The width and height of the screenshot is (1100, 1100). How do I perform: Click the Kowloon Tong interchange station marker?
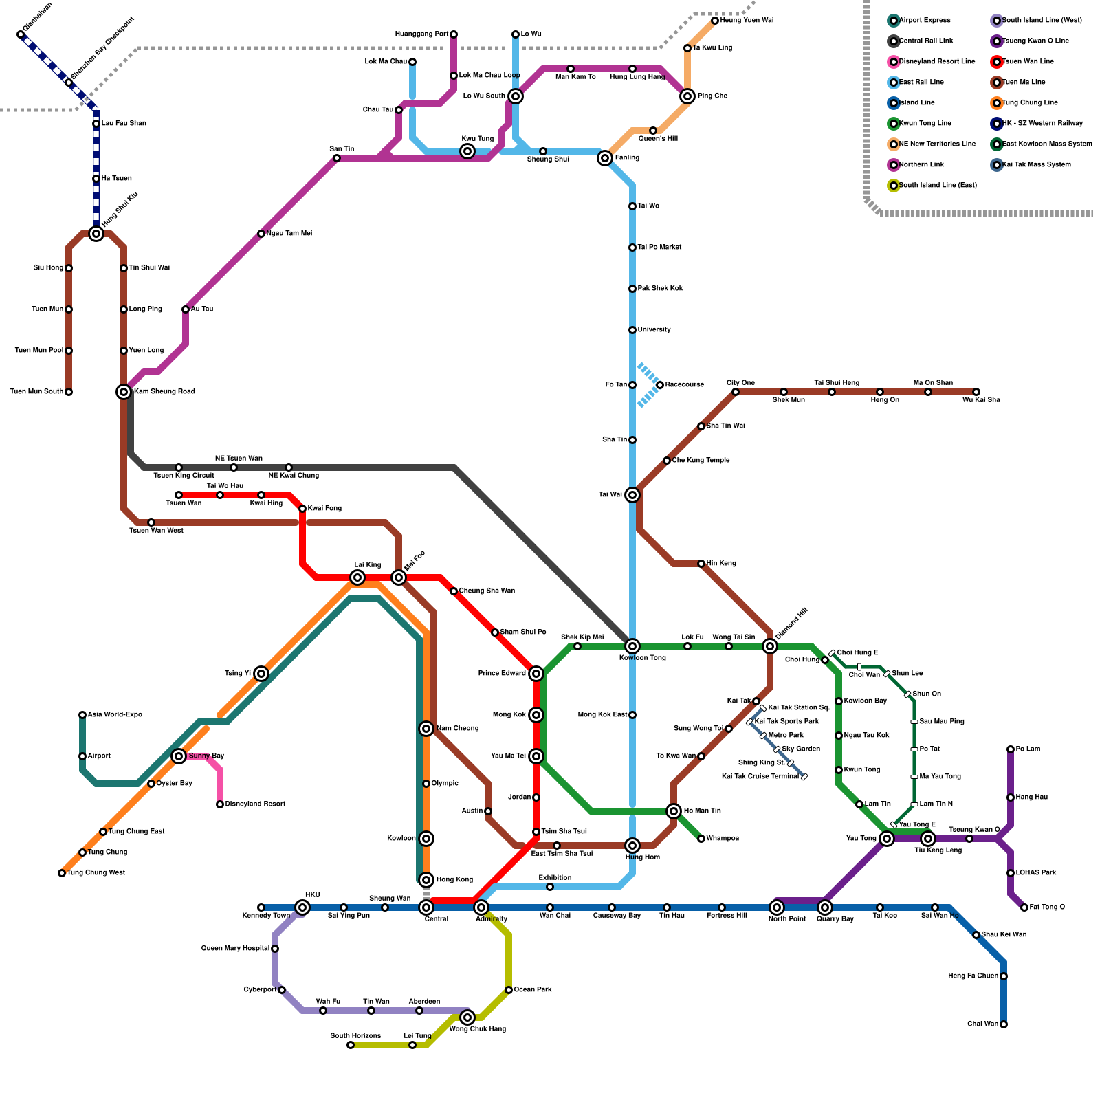632,646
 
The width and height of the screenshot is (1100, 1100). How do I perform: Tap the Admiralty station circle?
481,907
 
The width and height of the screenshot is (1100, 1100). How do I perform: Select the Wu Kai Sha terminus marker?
976,392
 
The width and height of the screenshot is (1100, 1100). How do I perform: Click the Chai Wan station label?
982,1024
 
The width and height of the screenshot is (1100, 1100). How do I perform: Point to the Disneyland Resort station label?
255,804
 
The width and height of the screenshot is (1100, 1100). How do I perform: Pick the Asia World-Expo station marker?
82,715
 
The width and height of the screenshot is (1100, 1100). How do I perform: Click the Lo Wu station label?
531,34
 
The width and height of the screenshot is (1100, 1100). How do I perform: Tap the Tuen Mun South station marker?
69,392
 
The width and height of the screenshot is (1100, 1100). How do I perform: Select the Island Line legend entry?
916,102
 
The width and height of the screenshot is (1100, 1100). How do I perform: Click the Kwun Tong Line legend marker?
894,124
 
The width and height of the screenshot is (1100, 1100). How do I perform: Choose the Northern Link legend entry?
921,164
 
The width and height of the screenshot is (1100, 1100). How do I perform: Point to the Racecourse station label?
684,384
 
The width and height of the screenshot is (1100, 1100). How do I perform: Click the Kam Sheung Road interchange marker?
124,392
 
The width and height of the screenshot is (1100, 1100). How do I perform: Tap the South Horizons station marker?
351,1045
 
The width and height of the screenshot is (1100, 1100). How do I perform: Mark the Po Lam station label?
1028,749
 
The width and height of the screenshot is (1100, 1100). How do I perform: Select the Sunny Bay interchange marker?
179,756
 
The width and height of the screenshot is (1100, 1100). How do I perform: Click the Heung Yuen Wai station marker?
715,21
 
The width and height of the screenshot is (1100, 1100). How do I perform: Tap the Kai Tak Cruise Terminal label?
760,776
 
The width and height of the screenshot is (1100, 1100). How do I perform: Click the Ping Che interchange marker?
687,96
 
